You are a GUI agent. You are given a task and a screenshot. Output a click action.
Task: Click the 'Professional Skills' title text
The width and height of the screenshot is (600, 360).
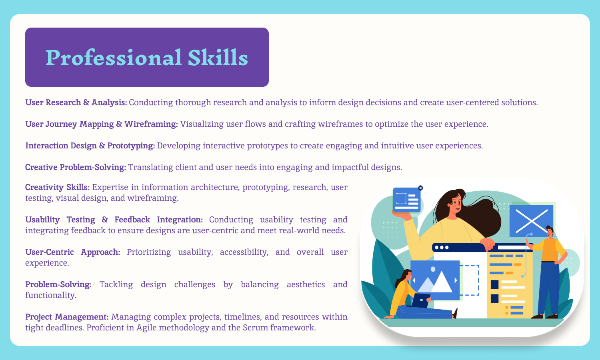147,58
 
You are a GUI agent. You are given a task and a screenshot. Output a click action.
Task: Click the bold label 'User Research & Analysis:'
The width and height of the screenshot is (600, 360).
76,102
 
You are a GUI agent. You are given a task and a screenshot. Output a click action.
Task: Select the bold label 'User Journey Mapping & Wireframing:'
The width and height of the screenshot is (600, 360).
102,124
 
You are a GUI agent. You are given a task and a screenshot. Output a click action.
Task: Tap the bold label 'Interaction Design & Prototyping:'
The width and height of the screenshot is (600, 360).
90,146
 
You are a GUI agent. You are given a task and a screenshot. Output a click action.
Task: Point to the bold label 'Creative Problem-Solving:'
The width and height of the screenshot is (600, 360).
76,167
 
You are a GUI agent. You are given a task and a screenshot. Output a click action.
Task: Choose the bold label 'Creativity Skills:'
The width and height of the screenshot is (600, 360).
57,187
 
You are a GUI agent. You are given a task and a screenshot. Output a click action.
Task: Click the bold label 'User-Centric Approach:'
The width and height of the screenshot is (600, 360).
72,252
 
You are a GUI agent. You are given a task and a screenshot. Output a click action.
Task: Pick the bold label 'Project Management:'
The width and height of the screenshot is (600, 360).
67,317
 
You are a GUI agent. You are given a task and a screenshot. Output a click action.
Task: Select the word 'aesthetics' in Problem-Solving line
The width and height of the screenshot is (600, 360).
306,284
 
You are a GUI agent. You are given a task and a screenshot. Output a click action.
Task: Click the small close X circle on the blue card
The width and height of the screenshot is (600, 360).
420,188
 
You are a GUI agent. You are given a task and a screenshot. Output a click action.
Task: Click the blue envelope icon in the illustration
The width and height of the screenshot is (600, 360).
532,221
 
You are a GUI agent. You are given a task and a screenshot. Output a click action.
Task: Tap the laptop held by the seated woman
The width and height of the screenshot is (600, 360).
421,300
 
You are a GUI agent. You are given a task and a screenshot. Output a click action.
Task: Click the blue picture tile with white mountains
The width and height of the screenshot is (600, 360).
435,280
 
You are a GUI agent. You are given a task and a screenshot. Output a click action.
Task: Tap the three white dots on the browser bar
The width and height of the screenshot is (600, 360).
442,248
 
